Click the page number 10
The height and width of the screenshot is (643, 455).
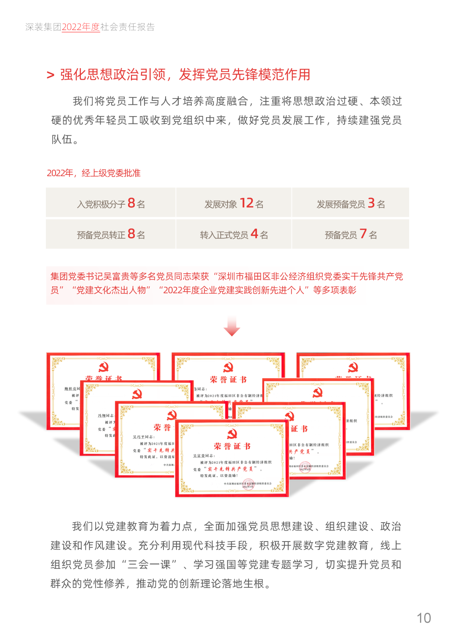[x=423, y=618]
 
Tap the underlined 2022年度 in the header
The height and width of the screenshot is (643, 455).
[x=80, y=27]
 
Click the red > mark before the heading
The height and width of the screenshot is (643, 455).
[x=51, y=75]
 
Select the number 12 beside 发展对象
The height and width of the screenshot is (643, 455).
[x=246, y=203]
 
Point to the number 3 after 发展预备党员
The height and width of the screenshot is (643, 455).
[x=371, y=203]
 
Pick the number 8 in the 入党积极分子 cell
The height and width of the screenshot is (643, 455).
[x=131, y=203]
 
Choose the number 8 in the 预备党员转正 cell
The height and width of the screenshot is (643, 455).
[x=131, y=233]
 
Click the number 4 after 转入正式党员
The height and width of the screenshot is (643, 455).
[x=254, y=233]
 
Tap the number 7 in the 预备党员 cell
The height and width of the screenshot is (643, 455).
[x=363, y=233]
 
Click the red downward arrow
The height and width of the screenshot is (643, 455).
[x=232, y=326]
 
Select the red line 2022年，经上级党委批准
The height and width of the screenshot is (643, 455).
[x=94, y=173]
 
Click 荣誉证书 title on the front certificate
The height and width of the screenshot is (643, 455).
[x=232, y=446]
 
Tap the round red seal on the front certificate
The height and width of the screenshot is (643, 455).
[x=248, y=485]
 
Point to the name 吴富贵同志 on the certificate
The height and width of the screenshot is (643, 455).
[x=204, y=456]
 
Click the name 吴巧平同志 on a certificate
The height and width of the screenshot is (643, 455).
[x=144, y=437]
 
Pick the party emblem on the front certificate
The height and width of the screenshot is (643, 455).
[x=232, y=434]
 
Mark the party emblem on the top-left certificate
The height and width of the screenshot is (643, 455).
[x=103, y=367]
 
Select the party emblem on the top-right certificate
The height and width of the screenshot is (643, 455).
[x=353, y=367]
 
